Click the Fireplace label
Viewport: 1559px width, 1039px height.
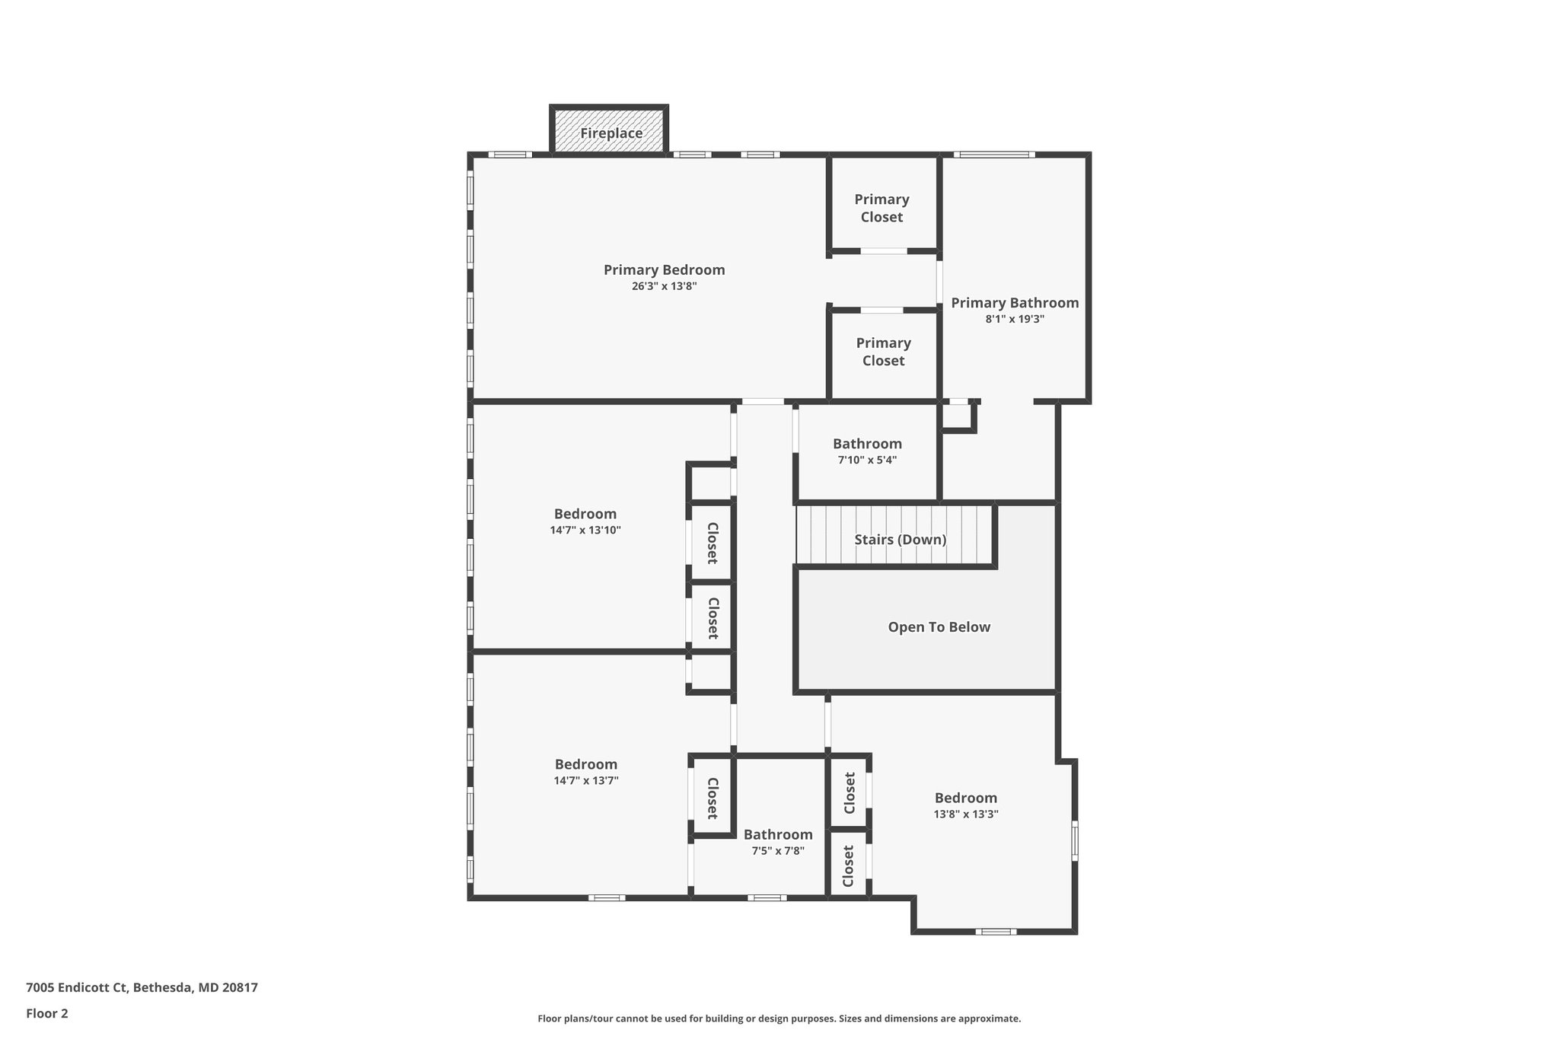point(611,133)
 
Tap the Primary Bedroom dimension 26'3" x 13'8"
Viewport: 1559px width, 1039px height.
point(664,287)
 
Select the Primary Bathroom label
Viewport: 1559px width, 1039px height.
point(1015,303)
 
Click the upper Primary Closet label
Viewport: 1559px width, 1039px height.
point(882,208)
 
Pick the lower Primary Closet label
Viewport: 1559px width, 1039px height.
point(883,352)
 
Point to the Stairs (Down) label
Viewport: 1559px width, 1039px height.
point(900,540)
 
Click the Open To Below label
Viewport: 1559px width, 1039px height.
point(939,627)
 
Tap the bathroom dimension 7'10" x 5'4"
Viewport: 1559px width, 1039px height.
point(867,461)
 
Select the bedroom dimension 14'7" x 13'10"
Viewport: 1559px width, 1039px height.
point(585,531)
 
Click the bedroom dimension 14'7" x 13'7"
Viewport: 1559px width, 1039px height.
point(585,781)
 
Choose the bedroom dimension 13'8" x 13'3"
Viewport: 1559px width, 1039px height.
point(966,814)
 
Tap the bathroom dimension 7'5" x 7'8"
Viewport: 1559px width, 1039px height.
point(778,851)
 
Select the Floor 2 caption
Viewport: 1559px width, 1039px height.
point(47,1013)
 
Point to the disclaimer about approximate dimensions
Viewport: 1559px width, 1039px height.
point(779,1018)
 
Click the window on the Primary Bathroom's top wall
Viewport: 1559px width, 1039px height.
point(993,155)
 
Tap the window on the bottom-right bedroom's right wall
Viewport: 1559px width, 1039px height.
point(1075,840)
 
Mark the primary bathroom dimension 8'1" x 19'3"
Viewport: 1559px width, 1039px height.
point(1015,320)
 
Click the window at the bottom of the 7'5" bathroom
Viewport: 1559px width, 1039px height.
point(767,898)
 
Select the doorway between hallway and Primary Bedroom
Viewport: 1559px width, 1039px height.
point(763,401)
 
